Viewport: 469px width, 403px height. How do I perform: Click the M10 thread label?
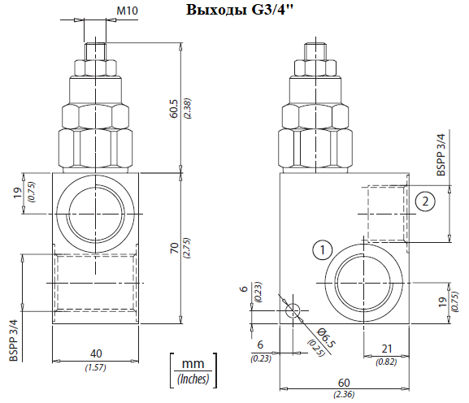click(127, 11)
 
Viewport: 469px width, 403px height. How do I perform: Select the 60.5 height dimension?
click(174, 109)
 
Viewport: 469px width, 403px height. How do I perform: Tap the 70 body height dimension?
click(174, 248)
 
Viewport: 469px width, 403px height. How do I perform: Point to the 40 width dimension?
click(96, 353)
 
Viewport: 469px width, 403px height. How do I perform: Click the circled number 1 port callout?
click(323, 250)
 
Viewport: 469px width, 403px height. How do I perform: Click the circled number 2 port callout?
click(425, 201)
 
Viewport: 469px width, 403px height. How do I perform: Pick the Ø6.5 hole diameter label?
click(326, 337)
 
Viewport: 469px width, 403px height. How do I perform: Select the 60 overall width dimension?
click(344, 383)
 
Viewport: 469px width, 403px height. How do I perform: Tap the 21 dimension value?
click(387, 349)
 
